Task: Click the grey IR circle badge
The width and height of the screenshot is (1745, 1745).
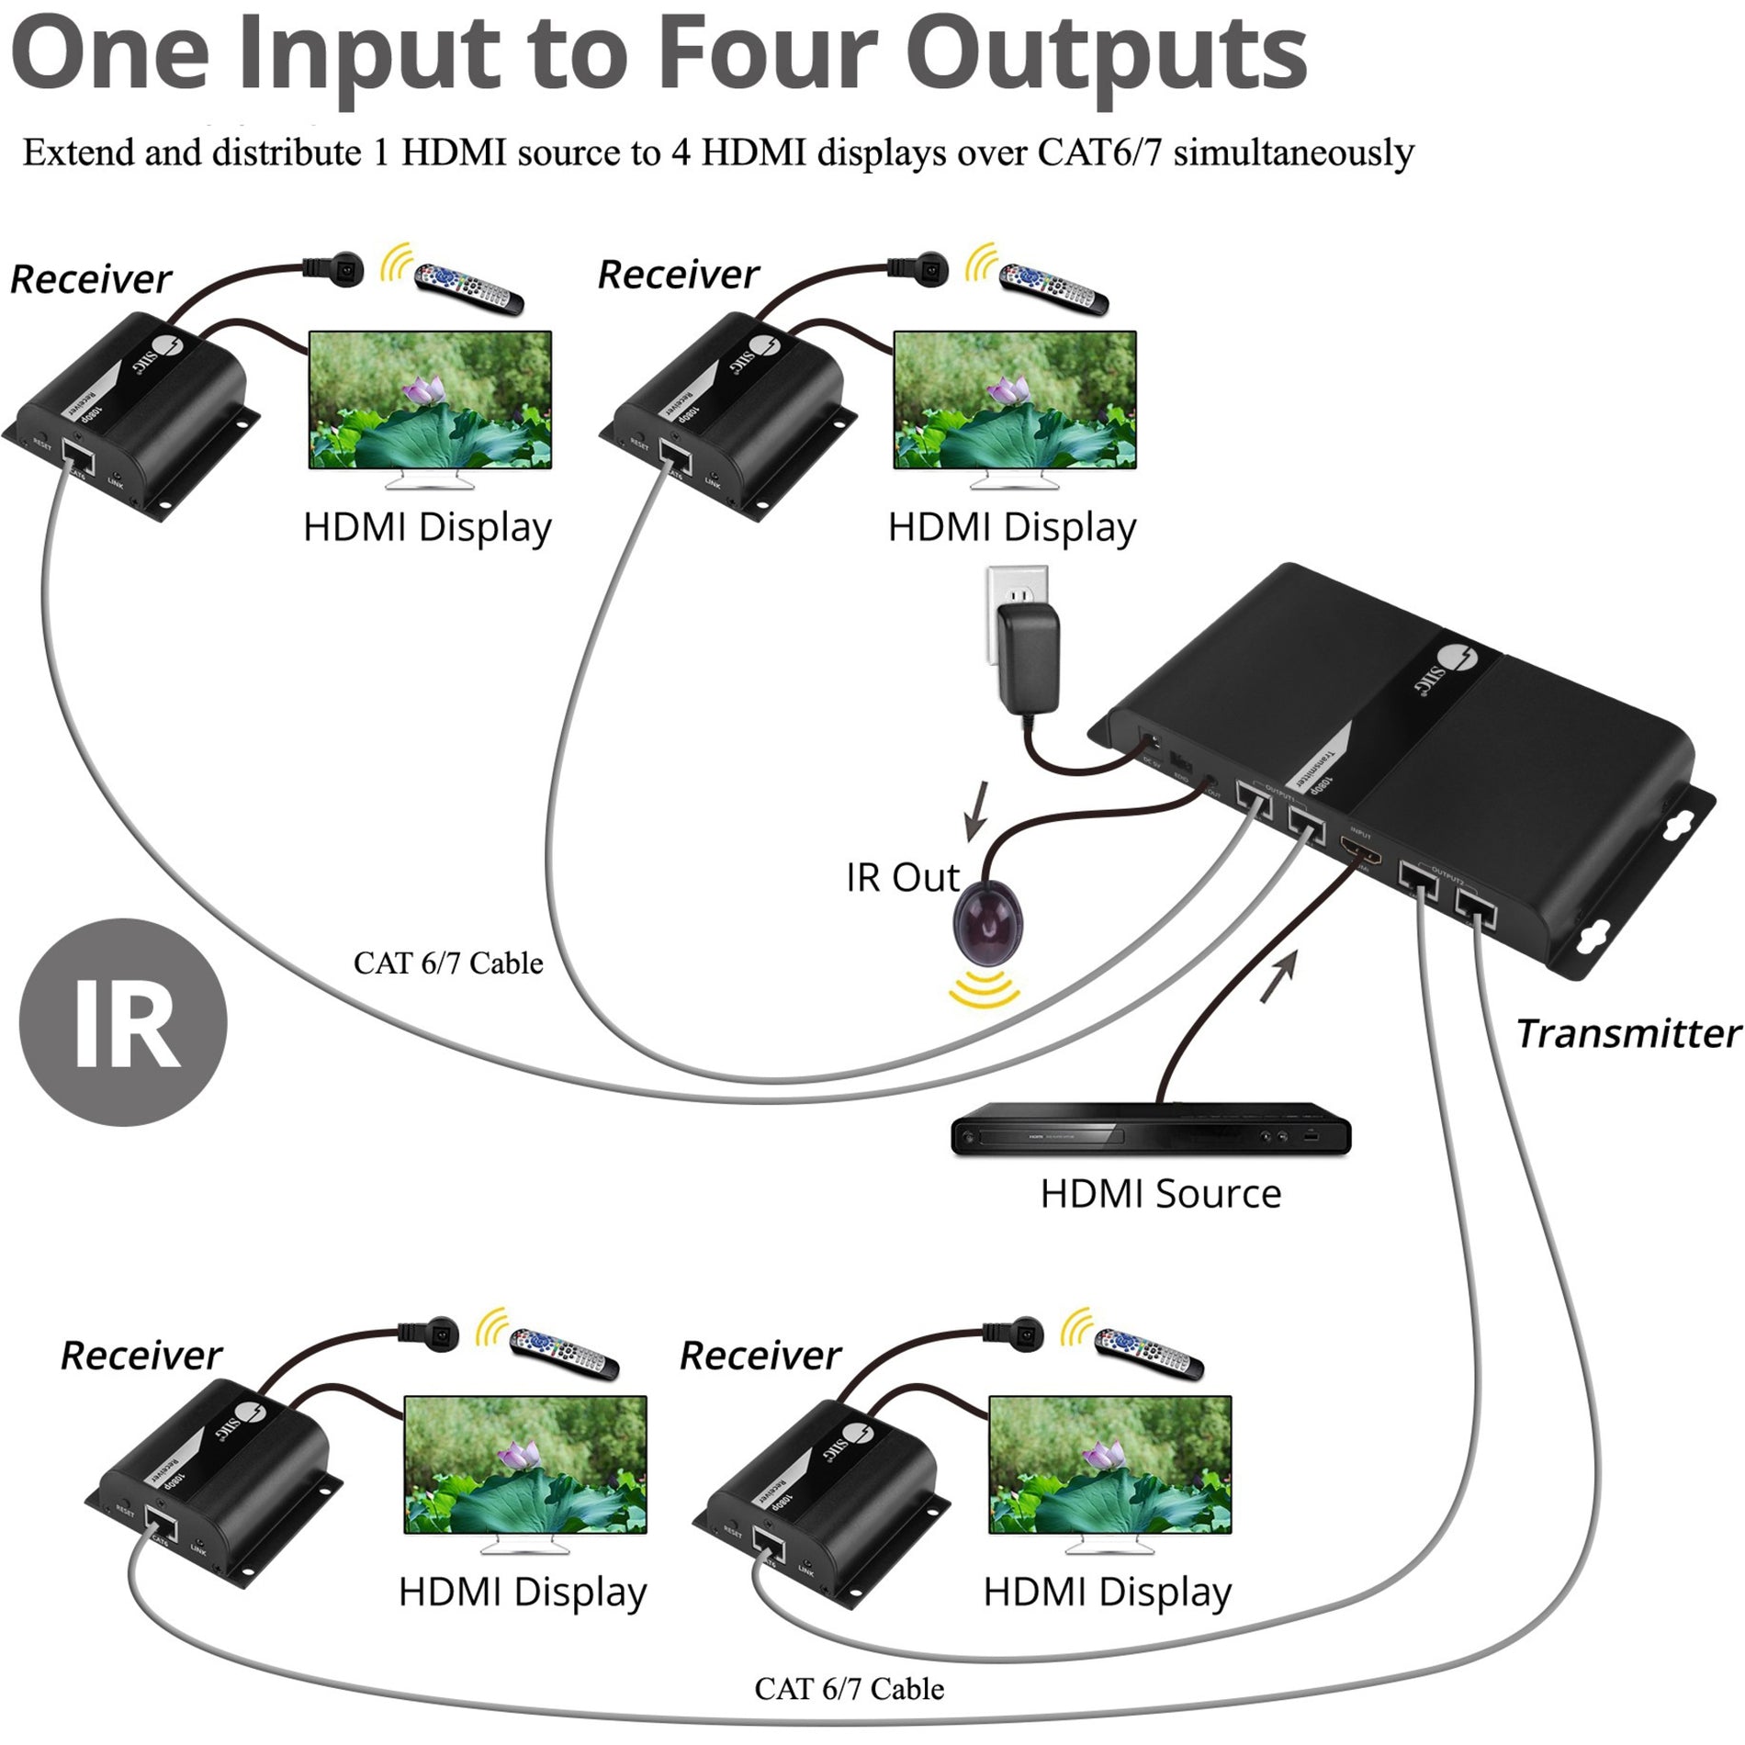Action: click(123, 1022)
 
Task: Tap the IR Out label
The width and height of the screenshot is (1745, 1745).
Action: click(902, 878)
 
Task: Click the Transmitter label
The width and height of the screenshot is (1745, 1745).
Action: click(1627, 1033)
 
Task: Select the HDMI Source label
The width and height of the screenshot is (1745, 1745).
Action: click(1160, 1194)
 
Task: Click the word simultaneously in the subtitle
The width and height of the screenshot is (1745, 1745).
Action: click(1293, 152)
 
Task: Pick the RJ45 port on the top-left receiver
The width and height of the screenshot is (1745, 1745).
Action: click(77, 454)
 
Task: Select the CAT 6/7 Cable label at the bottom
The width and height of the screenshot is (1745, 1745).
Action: click(849, 1688)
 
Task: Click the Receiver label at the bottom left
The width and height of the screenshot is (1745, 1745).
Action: click(141, 1356)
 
